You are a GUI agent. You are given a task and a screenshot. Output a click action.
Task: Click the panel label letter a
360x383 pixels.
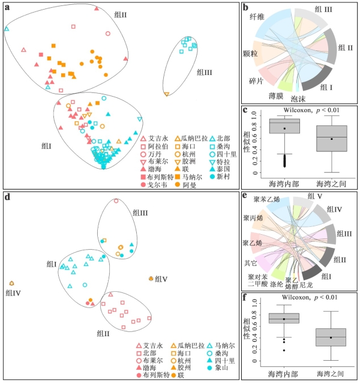pyautogui.click(x=7, y=8)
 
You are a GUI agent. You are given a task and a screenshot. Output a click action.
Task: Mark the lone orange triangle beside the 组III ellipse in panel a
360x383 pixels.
pyautogui.click(x=166, y=94)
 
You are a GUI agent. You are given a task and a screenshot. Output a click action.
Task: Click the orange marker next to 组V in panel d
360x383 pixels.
pyautogui.click(x=150, y=279)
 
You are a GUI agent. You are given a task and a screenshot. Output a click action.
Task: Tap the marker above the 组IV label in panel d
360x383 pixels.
pyautogui.click(x=11, y=283)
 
